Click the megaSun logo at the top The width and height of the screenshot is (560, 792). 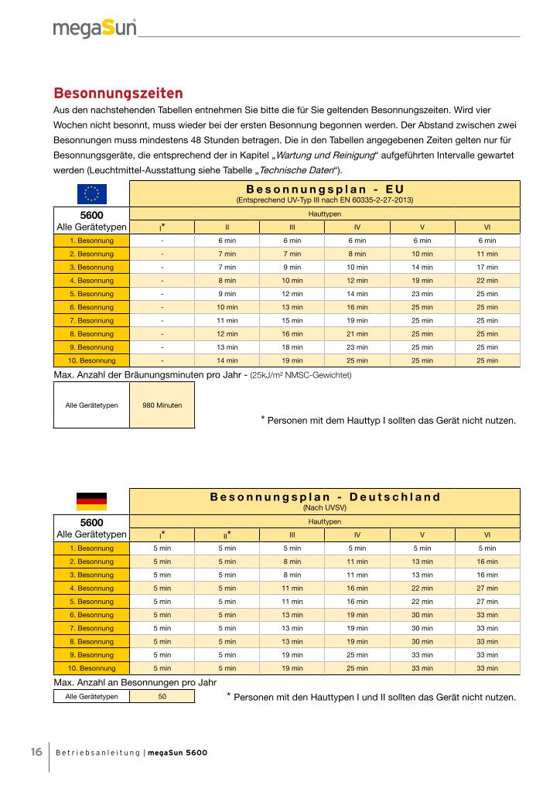[x=94, y=28]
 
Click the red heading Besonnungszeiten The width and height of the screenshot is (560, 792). [x=118, y=94]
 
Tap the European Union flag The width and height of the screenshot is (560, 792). [x=91, y=193]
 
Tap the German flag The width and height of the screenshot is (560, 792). [x=91, y=501]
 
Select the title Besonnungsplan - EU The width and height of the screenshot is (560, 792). [x=325, y=189]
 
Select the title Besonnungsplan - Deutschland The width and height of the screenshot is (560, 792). [x=325, y=497]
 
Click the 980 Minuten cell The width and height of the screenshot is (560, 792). [x=162, y=405]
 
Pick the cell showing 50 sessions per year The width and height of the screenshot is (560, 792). [x=162, y=696]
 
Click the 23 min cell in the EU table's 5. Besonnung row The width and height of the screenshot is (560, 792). [x=422, y=294]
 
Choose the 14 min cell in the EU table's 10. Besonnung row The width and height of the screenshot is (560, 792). [x=227, y=360]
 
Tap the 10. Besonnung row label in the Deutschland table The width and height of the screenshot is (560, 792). [x=92, y=667]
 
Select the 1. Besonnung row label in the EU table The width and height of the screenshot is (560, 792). [x=92, y=241]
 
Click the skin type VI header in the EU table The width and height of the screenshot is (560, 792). [x=487, y=227]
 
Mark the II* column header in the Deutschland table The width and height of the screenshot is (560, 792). [x=227, y=534]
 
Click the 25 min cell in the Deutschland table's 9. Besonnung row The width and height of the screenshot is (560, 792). [x=357, y=654]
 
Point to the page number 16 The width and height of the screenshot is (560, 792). [x=36, y=753]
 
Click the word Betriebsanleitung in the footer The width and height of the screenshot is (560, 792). [x=98, y=753]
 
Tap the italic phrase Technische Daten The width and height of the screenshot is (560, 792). [x=300, y=170]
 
